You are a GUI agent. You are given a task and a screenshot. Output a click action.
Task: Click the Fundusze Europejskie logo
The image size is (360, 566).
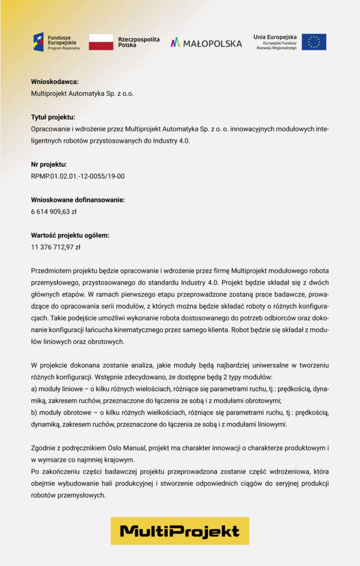point(56,42)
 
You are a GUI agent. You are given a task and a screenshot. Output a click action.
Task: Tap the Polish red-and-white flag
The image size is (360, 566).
point(101,42)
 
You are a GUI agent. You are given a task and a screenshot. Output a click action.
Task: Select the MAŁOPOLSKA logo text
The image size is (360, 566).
point(206,43)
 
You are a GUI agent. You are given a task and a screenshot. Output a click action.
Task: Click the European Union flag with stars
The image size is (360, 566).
point(314,42)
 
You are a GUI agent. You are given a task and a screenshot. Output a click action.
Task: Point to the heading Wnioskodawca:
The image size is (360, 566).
point(54,82)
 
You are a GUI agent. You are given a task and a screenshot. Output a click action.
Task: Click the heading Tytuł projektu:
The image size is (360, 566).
point(53,117)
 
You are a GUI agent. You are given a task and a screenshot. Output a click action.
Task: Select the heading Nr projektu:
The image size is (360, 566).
point(49,165)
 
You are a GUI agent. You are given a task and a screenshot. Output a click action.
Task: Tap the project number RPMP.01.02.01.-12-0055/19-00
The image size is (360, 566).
point(78,176)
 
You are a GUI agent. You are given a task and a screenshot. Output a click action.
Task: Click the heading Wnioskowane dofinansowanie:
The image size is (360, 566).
point(78,200)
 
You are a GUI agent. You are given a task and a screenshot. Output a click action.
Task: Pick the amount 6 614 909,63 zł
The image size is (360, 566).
point(53,211)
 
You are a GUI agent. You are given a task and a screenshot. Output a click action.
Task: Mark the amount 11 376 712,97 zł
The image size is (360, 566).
point(55,247)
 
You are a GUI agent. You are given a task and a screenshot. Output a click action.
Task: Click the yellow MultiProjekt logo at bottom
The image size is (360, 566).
point(180,531)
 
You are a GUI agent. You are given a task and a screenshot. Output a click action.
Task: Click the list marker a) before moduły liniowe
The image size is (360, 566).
point(34,389)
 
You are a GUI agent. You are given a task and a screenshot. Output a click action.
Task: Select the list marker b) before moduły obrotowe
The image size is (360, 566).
point(34,413)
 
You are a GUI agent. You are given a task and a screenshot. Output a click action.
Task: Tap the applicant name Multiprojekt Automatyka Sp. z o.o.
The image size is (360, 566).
point(82,93)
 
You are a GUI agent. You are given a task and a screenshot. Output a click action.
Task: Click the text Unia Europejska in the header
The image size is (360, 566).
point(275,37)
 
